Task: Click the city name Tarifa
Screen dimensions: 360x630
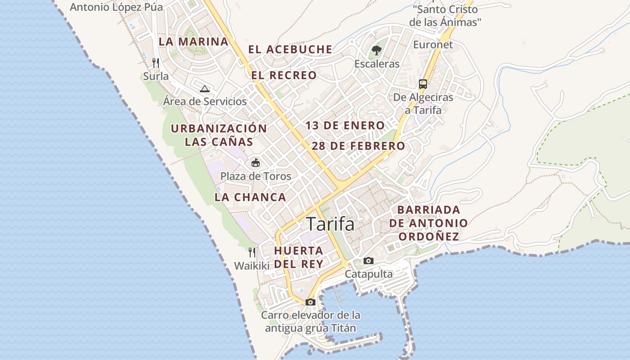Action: tap(330, 224)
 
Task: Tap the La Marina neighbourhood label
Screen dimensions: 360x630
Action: tap(193, 41)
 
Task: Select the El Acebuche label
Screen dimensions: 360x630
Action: tap(290, 49)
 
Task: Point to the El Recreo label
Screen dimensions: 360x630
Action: tap(284, 75)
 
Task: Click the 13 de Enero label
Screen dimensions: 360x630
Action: tap(345, 126)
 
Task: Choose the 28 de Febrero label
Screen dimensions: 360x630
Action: tap(358, 146)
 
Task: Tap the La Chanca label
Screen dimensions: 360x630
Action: tap(250, 197)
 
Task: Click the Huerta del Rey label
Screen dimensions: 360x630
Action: tap(298, 257)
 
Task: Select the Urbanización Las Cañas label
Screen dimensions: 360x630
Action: tap(219, 135)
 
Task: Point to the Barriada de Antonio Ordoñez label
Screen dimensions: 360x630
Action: tap(428, 223)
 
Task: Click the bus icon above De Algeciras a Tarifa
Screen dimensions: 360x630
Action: tap(423, 84)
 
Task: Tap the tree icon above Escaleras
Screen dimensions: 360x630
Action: tap(376, 50)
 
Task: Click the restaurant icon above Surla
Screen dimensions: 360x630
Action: tap(156, 63)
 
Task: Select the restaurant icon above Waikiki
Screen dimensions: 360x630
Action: tap(252, 252)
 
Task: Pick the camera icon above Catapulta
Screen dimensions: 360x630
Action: tap(368, 261)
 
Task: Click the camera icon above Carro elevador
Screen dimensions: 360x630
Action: tap(310, 302)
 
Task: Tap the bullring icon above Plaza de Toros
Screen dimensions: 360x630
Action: tap(255, 162)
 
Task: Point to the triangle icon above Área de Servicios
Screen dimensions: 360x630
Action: tap(205, 89)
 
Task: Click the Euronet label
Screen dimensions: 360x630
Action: tap(433, 45)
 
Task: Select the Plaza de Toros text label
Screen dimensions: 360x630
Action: tap(256, 176)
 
